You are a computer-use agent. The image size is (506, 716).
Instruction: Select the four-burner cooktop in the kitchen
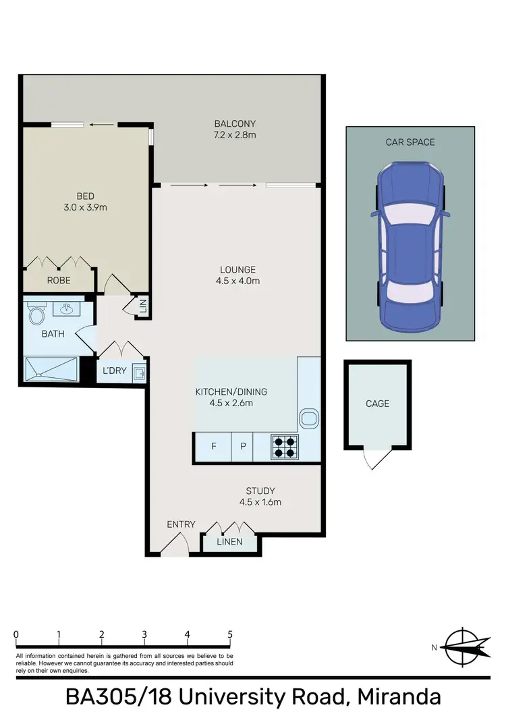point(285,447)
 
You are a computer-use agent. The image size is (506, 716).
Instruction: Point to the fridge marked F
point(214,447)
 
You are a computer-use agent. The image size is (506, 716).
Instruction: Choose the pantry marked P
point(242,447)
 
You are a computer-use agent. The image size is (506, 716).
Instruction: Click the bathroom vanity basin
point(67,310)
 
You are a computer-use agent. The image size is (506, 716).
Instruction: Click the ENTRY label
point(181,524)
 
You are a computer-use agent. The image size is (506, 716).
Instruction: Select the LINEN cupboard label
point(229,542)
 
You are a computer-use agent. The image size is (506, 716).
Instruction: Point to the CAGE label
point(377,404)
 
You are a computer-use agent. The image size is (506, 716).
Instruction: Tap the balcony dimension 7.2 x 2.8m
point(235,135)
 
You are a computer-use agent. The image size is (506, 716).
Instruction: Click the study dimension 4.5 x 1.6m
point(260,502)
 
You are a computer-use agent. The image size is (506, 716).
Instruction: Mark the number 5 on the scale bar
point(230,634)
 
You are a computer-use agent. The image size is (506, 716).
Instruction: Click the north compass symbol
point(462,646)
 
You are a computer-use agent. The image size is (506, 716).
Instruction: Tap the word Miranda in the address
point(399,698)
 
